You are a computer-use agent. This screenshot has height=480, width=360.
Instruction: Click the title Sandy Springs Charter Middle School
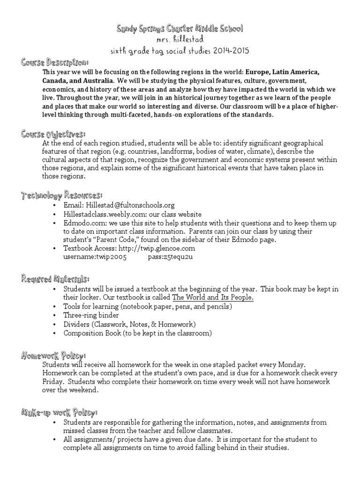[x=180, y=30]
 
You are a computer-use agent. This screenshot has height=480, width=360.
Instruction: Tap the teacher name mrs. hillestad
[x=180, y=40]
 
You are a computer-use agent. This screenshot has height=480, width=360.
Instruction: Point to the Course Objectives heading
[x=53, y=134]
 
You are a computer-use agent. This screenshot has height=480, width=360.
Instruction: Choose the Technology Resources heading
[x=61, y=195]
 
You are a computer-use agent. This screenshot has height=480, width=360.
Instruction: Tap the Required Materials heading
[x=55, y=279]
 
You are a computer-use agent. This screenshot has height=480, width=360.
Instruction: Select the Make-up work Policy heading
[x=59, y=412]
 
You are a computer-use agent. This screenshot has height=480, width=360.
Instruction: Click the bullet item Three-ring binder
[x=91, y=315]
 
